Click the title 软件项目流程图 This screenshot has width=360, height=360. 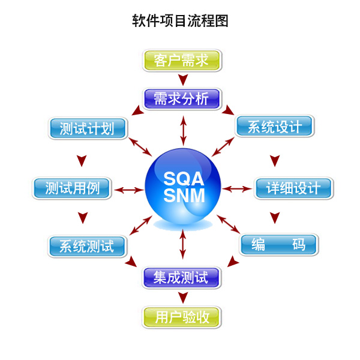pyautogui.click(x=180, y=21)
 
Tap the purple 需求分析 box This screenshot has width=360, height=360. pyautogui.click(x=182, y=98)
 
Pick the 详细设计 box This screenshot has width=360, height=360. pyautogui.click(x=293, y=188)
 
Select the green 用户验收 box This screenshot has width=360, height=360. pyautogui.click(x=182, y=316)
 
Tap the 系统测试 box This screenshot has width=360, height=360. pyautogui.click(x=87, y=246)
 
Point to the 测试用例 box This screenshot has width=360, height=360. pyautogui.click(x=71, y=188)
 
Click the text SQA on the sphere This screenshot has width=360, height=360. pyautogui.click(x=184, y=178)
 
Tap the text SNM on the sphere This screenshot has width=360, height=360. pyautogui.click(x=184, y=196)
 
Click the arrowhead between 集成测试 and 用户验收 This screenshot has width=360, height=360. pyautogui.click(x=183, y=297)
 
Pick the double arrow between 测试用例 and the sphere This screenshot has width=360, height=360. pyautogui.click(x=128, y=190)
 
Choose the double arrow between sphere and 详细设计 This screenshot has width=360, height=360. pyautogui.click(x=238, y=189)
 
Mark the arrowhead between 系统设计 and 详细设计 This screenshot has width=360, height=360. pyautogui.click(x=274, y=160)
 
